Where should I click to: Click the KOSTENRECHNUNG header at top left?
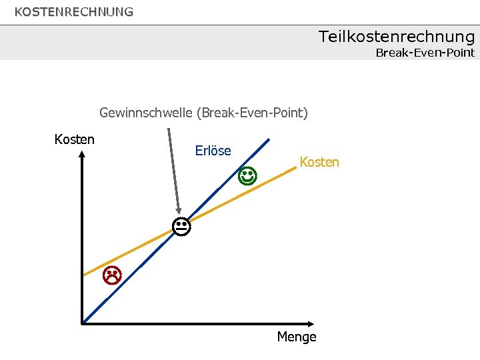74,12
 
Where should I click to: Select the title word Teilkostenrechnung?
396,36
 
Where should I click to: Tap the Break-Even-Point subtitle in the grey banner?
425,53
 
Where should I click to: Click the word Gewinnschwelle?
145,113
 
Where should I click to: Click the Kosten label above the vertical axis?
74,139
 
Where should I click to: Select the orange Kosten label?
319,162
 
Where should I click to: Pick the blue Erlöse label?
213,151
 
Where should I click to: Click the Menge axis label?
297,337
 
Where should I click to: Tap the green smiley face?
247,177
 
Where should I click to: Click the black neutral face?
180,227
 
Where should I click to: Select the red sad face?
111,274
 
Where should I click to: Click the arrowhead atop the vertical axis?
82,154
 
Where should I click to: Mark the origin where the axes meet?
83,323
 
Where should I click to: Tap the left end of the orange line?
83,275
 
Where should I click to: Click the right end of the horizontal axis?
314,323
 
